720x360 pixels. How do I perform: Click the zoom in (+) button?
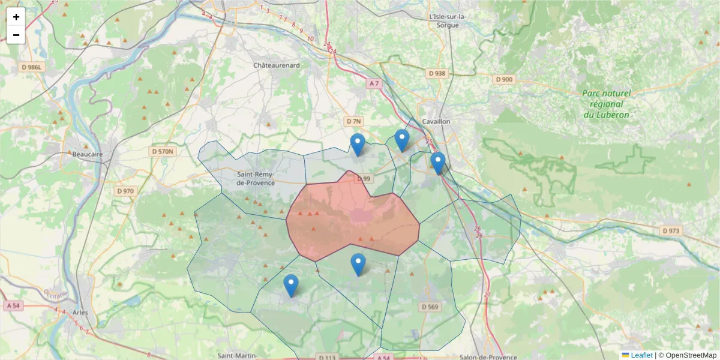pyautogui.click(x=16, y=17)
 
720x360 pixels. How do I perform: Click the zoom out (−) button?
pyautogui.click(x=16, y=35)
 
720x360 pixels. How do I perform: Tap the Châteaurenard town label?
pyautogui.click(x=276, y=65)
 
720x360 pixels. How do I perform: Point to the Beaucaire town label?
pyautogui.click(x=88, y=154)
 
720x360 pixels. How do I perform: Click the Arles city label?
pyautogui.click(x=80, y=313)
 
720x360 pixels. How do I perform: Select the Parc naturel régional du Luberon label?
pyautogui.click(x=606, y=104)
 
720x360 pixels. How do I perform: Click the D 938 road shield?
pyautogui.click(x=437, y=73)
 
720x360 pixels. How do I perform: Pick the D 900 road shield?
pyautogui.click(x=505, y=79)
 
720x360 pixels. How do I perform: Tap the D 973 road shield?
pyautogui.click(x=671, y=230)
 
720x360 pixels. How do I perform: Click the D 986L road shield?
pyautogui.click(x=31, y=67)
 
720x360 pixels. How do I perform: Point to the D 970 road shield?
pyautogui.click(x=126, y=191)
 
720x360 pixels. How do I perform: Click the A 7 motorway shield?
pyautogui.click(x=374, y=83)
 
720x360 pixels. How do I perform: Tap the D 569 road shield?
pyautogui.click(x=430, y=307)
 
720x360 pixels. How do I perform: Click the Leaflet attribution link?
pyautogui.click(x=641, y=355)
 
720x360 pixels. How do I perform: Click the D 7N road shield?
pyautogui.click(x=353, y=121)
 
